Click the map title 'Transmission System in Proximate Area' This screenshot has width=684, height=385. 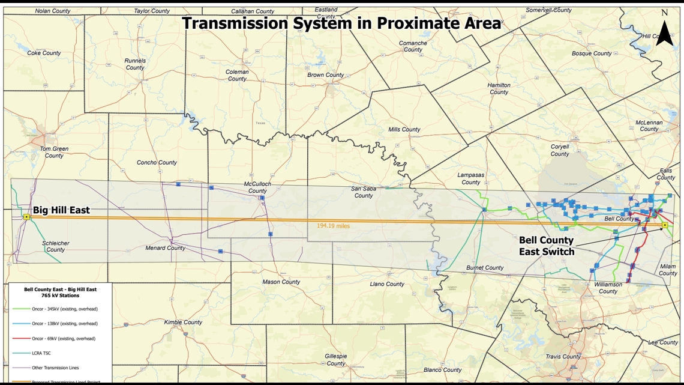point(341,23)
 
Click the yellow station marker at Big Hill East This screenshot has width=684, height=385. point(26,217)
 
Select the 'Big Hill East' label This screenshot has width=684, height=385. point(61,210)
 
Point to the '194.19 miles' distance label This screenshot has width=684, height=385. point(333,226)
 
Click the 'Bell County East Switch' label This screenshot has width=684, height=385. point(546,246)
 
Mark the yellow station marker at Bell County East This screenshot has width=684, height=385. point(665,225)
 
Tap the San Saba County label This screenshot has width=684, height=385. point(364,192)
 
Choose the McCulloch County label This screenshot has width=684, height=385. point(257,187)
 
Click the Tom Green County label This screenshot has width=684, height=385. point(54,152)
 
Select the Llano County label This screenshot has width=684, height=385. point(387,284)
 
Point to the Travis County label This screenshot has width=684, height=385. point(563,356)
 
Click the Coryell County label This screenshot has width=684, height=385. point(560,150)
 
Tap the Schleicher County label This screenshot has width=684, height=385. point(55,246)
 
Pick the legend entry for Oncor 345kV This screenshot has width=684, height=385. point(64,309)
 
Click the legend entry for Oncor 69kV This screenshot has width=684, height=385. point(63,338)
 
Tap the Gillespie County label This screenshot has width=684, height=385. point(335,360)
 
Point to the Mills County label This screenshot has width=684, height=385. point(404,129)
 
